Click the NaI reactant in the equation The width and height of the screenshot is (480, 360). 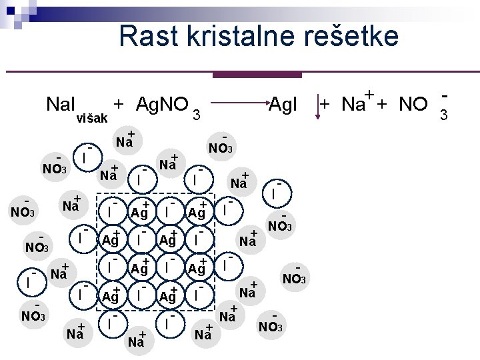point(61,104)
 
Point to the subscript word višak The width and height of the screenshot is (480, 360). point(92,118)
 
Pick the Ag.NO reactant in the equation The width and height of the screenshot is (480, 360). point(161,104)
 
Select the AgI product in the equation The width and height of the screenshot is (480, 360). point(283,104)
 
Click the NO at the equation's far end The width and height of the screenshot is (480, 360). point(413,104)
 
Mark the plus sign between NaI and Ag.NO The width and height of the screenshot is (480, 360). point(119,104)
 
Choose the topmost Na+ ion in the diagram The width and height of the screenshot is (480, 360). point(125,141)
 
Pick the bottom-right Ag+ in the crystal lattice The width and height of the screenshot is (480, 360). point(168,296)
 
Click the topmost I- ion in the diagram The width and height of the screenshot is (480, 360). point(86,157)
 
